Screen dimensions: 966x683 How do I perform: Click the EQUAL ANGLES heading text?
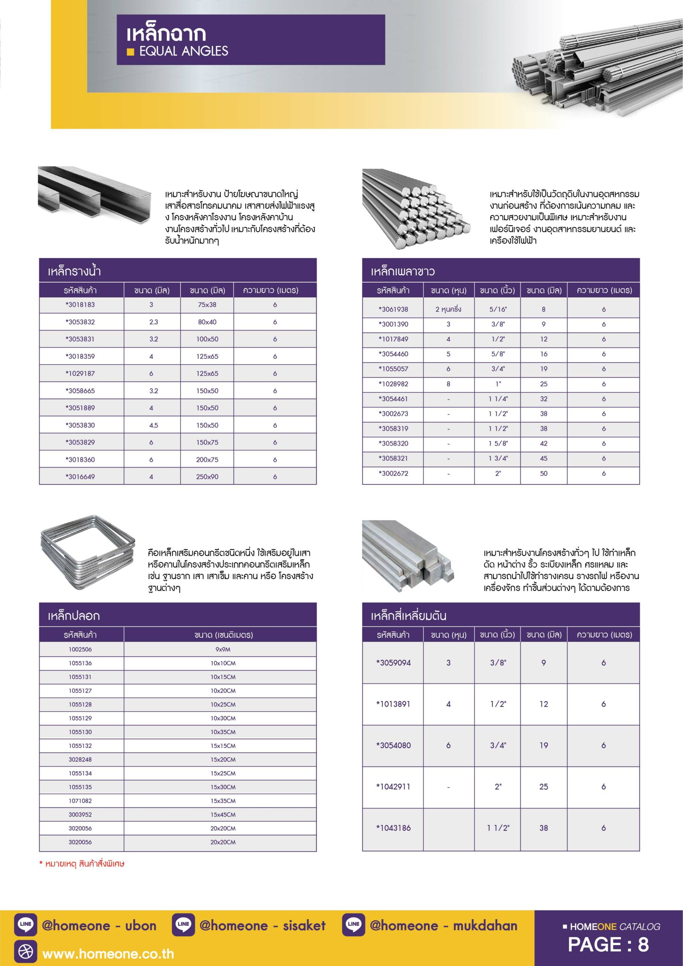[183, 51]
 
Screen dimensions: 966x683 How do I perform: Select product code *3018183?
[80, 305]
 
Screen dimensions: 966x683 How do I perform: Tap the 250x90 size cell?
[207, 477]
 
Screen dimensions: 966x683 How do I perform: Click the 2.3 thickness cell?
[153, 322]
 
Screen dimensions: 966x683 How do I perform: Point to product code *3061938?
[393, 309]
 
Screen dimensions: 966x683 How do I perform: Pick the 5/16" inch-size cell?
[498, 309]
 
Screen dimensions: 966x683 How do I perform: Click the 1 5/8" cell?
[498, 443]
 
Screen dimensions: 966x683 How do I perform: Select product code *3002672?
[393, 473]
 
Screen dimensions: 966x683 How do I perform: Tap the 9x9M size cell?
[223, 649]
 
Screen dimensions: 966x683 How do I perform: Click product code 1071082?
[80, 801]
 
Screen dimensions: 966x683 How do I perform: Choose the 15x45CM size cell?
[223, 815]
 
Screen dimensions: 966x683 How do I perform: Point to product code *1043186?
[393, 828]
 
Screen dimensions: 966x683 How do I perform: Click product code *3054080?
[393, 746]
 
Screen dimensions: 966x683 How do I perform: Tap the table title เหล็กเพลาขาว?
[402, 271]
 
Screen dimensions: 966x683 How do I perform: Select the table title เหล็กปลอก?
[74, 616]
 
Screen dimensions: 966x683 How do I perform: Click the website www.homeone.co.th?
[108, 954]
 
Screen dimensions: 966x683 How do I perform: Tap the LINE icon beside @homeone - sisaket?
[183, 925]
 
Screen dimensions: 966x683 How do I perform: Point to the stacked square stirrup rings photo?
[87, 552]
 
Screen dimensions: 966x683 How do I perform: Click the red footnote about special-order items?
[82, 864]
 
